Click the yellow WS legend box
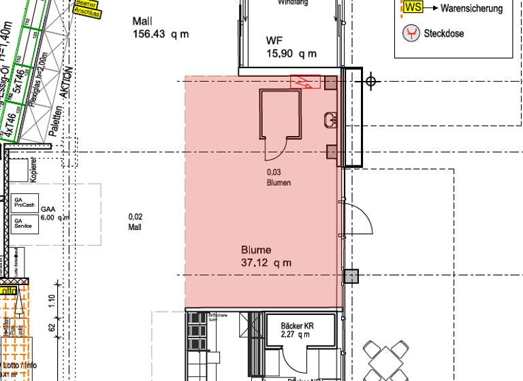[x=413, y=7]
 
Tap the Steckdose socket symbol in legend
[x=411, y=33]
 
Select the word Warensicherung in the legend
[x=472, y=9]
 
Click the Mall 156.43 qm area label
[x=161, y=28]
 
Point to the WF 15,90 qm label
[x=291, y=47]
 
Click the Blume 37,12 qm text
[x=266, y=256]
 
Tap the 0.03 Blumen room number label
[x=279, y=178]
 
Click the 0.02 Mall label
[x=135, y=222]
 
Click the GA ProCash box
[x=24, y=202]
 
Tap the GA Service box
[x=24, y=224]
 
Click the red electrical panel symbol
[x=306, y=82]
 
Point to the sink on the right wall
[x=332, y=120]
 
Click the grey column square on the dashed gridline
[x=350, y=276]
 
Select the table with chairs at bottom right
[x=384, y=360]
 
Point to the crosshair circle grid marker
[x=370, y=82]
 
